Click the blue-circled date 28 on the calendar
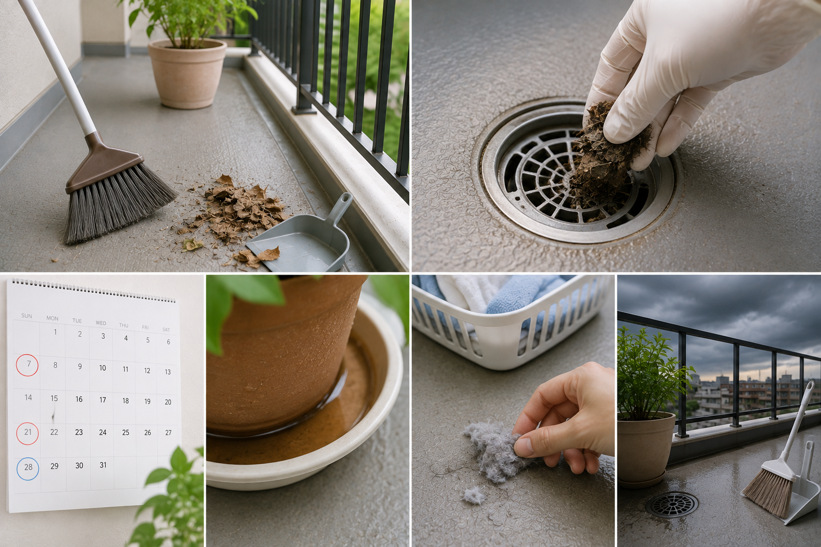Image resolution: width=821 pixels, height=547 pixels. click(27, 468)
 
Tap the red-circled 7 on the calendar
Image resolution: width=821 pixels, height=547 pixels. click(27, 365)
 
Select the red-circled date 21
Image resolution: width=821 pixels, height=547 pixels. click(27, 433)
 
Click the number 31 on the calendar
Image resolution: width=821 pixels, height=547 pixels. click(103, 465)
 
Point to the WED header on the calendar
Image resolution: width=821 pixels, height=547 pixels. click(101, 323)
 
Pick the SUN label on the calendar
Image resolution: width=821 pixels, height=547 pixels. click(27, 316)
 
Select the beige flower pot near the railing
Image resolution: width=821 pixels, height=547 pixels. click(187, 73)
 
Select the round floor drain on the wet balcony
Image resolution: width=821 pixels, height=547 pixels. click(672, 505)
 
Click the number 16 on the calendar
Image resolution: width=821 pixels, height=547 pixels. click(79, 399)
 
